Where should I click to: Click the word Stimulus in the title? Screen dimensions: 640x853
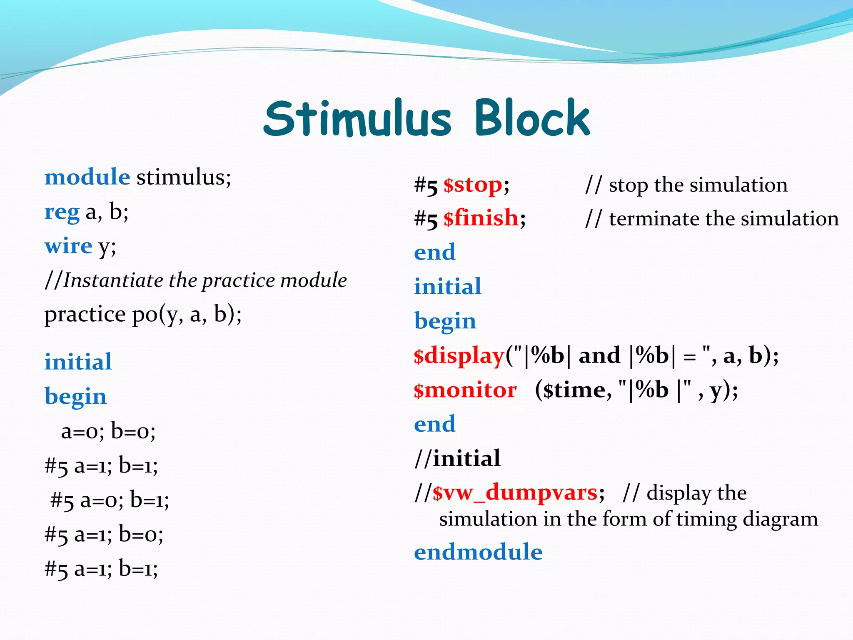(x=357, y=119)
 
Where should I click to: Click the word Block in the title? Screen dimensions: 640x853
(x=532, y=119)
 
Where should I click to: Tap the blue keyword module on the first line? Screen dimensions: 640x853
(x=87, y=177)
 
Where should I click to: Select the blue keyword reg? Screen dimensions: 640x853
(x=62, y=212)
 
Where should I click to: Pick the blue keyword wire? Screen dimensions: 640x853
(x=68, y=246)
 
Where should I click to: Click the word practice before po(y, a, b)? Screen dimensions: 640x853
(x=85, y=315)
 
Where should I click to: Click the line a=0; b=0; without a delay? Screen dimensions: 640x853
(x=108, y=431)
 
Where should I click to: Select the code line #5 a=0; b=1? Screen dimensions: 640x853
(x=110, y=500)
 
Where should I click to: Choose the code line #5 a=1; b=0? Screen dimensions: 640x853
(x=104, y=534)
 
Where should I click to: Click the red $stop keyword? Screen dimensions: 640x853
(x=473, y=185)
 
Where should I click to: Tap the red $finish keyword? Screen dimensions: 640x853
(x=481, y=218)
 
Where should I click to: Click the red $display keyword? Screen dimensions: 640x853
(x=459, y=356)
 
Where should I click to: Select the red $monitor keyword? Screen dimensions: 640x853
(x=465, y=390)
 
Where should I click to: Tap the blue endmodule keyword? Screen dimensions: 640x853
(x=478, y=552)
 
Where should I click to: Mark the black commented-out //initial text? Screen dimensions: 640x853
(x=457, y=458)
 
